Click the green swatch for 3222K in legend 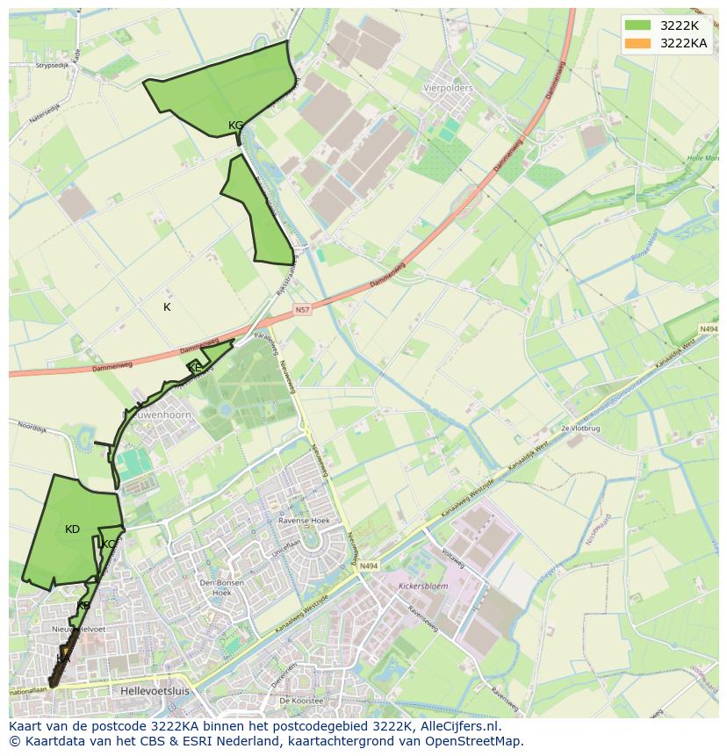(x=639, y=25)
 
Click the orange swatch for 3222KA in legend (x=639, y=43)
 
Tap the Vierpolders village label (x=448, y=89)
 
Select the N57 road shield (x=302, y=310)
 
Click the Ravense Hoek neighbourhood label (x=278, y=520)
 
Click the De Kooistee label (x=301, y=701)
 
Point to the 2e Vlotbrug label (x=579, y=428)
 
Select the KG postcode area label (x=235, y=126)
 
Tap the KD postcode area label (x=72, y=529)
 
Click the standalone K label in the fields (x=167, y=307)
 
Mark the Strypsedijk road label (x=52, y=65)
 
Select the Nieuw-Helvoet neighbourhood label (x=78, y=629)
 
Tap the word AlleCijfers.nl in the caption (x=457, y=726)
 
